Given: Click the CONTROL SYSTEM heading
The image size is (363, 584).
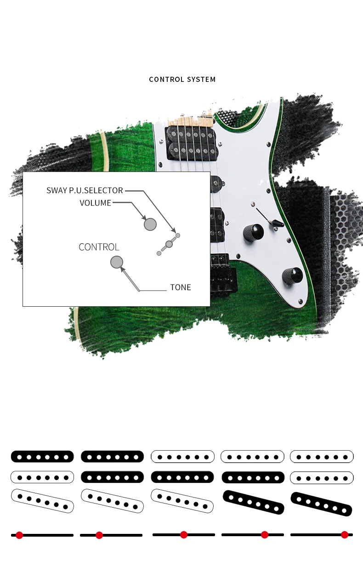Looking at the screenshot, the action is [182, 79].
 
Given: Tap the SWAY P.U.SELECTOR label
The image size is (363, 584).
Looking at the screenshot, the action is [85, 190].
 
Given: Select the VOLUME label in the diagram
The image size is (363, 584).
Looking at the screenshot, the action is [96, 203].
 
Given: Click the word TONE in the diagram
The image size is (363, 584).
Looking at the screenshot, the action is [181, 287].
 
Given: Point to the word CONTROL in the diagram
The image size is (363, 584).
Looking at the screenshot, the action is [99, 247].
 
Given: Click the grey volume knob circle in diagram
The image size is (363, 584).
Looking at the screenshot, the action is [150, 224].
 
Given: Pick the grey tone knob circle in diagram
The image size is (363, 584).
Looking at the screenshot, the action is [117, 262].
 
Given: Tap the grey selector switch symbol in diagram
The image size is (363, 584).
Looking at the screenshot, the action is [169, 244].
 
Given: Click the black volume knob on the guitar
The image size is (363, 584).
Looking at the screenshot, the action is [253, 232].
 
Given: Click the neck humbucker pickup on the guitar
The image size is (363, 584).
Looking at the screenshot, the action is [192, 143].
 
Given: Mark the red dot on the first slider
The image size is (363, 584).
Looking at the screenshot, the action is [19, 535].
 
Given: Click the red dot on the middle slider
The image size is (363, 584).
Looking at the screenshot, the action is [184, 535].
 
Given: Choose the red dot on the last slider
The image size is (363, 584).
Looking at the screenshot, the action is [345, 535].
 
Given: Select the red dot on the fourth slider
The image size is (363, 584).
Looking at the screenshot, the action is [265, 535].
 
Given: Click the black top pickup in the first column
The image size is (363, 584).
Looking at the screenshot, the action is [42, 457].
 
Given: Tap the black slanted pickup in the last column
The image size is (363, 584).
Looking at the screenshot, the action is [321, 504].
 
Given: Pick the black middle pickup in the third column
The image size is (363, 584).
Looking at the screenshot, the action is [182, 477].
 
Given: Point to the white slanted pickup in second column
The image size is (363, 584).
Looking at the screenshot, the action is [112, 501].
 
